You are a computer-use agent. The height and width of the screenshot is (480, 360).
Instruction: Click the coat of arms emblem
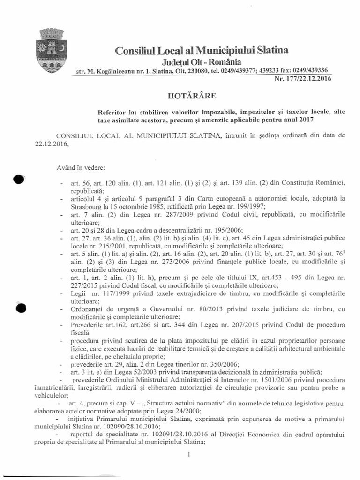click(48, 50)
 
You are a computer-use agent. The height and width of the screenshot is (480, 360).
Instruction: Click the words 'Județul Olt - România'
click(202, 61)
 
